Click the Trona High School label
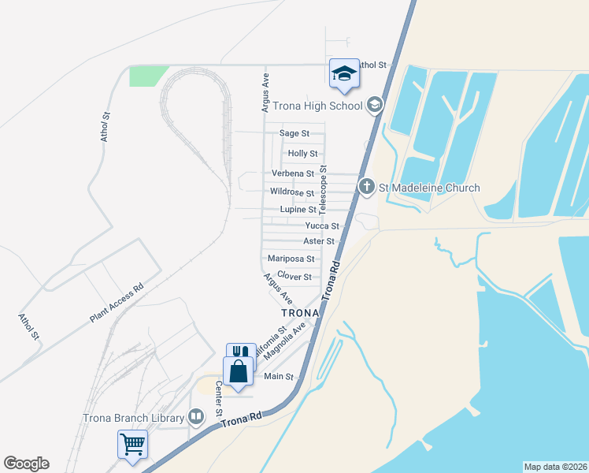(x=317, y=106)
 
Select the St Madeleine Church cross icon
(x=366, y=188)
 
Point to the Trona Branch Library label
(x=133, y=418)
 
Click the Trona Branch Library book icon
(x=197, y=416)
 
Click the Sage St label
(x=294, y=134)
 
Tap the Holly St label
(x=303, y=154)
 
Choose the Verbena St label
(x=293, y=173)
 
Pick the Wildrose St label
(x=292, y=192)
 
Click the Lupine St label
(x=298, y=210)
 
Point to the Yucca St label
(x=322, y=225)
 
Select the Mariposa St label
(x=291, y=259)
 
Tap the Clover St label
(x=294, y=277)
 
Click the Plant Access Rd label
(x=116, y=303)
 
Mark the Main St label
(x=278, y=377)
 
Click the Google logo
(x=27, y=464)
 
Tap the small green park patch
(x=147, y=76)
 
